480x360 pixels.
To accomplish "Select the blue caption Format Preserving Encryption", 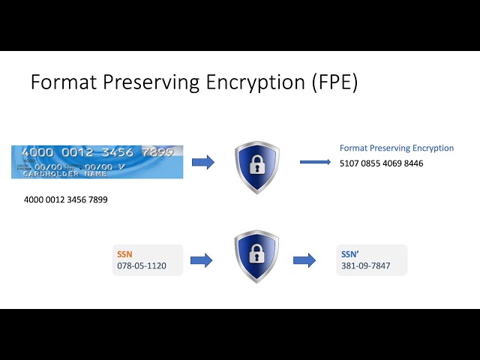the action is [x=397, y=148].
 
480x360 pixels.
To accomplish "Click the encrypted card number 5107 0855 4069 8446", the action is [x=381, y=163].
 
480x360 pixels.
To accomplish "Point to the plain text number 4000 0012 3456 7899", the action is [x=66, y=199].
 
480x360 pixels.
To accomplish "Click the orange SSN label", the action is [x=124, y=254].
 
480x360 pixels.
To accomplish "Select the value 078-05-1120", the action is [x=142, y=266].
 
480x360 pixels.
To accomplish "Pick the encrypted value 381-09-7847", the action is [x=366, y=266].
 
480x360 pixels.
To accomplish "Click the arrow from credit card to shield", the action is [x=202, y=162].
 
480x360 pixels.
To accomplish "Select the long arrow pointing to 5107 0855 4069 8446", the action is [x=316, y=161].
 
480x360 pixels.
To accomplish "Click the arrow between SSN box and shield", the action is [x=201, y=260].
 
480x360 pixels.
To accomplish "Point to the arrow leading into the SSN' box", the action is [x=304, y=260].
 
